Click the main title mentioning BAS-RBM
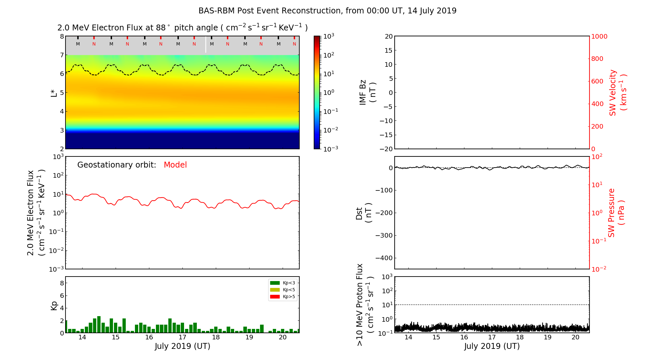tap(327, 11)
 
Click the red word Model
tap(175, 165)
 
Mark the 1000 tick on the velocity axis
tap(599, 36)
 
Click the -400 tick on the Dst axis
tap(384, 258)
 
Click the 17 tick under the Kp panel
tap(182, 337)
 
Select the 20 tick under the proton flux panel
tap(575, 337)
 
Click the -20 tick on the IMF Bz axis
tap(386, 149)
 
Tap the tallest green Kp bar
tap(99, 324)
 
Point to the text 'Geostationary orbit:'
tap(117, 165)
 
